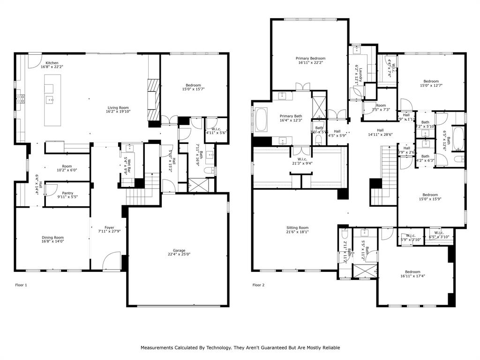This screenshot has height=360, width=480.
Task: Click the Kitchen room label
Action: click(52, 63)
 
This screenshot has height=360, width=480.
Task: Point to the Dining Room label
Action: click(52, 237)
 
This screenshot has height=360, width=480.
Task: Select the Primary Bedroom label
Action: click(310, 59)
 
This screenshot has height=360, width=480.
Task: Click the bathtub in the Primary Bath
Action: click(261, 120)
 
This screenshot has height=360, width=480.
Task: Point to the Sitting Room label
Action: click(297, 227)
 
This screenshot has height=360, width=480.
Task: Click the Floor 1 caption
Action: click(21, 285)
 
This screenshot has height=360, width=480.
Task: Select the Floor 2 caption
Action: click(258, 285)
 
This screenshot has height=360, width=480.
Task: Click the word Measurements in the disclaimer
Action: click(159, 348)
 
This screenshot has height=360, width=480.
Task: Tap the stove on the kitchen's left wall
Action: click(21, 98)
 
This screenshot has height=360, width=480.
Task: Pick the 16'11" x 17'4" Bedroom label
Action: click(412, 272)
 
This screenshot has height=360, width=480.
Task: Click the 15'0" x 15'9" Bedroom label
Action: click(430, 195)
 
